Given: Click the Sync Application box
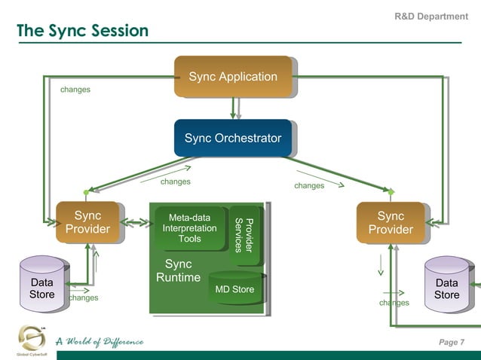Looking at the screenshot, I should coord(233,77).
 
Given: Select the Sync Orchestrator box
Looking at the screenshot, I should coord(232,138).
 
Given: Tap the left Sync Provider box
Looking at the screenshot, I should coord(87,221).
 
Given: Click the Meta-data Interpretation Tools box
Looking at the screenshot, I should coord(189,228).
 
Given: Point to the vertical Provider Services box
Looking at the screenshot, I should coord(245,234).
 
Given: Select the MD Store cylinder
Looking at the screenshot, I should coord(234,289).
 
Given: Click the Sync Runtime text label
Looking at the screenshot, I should coord(178,271).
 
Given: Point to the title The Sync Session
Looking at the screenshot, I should coord(82,31).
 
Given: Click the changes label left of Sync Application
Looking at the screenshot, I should coord(75,90).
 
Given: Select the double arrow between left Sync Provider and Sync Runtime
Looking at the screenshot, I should coord(136,223).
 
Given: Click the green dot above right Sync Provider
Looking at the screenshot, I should coord(391,193).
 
